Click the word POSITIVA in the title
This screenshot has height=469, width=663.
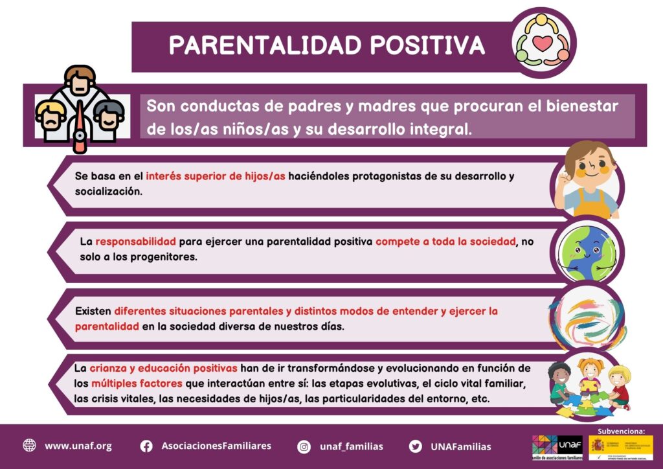427,45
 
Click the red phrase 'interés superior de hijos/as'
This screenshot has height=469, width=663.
216,176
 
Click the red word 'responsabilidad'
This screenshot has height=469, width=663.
136,242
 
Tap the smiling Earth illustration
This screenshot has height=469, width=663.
587,250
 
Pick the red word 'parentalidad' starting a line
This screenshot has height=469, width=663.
107,326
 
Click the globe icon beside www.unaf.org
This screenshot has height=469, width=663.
29,446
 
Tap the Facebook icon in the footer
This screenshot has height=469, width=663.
147,446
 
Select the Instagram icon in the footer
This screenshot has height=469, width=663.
304,446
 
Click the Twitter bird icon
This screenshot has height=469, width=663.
416,446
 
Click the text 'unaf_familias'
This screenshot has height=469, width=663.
352,446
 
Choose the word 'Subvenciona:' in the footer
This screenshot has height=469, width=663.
622,430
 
